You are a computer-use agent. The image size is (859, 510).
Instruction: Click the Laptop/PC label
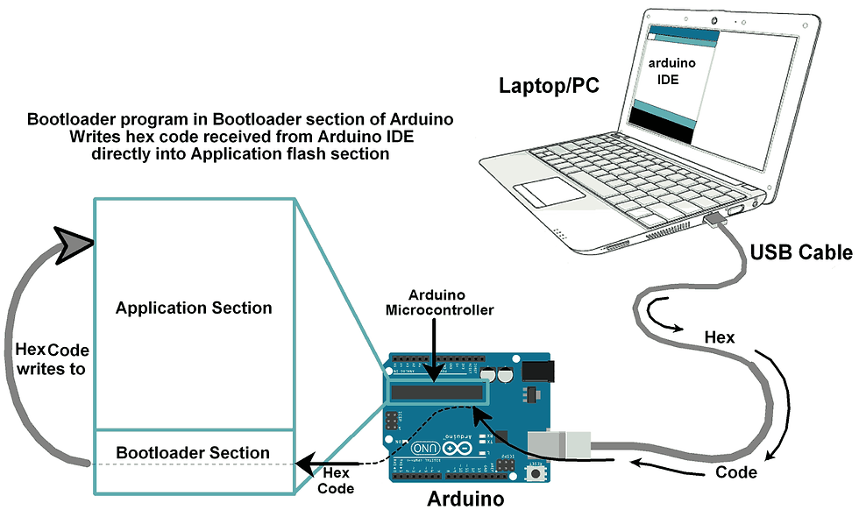click(x=549, y=86)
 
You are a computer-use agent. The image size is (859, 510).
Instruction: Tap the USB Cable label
click(x=801, y=252)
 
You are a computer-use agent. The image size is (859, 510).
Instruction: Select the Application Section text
click(x=194, y=308)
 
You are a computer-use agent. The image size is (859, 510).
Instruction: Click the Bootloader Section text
click(x=193, y=452)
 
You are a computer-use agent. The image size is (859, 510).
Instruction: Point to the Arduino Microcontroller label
click(x=439, y=302)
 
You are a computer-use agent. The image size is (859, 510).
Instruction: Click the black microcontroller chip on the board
click(x=437, y=393)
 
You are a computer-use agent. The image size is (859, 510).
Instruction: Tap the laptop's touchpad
click(x=549, y=192)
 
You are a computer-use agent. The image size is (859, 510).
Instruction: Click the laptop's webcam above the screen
click(x=714, y=21)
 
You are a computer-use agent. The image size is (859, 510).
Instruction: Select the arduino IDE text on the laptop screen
click(x=671, y=71)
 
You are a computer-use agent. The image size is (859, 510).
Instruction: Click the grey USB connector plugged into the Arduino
click(x=559, y=443)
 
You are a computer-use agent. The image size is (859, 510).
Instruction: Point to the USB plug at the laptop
click(x=715, y=220)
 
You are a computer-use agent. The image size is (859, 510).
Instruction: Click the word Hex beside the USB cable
click(x=720, y=336)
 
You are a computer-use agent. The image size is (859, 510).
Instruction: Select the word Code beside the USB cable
click(x=736, y=471)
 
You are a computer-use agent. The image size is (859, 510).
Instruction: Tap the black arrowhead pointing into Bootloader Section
click(x=306, y=464)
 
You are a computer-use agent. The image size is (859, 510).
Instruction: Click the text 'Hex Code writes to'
click(x=52, y=359)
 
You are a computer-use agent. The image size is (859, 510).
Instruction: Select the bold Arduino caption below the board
click(x=465, y=499)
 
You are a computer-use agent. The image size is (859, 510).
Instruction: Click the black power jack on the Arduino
click(x=537, y=371)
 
